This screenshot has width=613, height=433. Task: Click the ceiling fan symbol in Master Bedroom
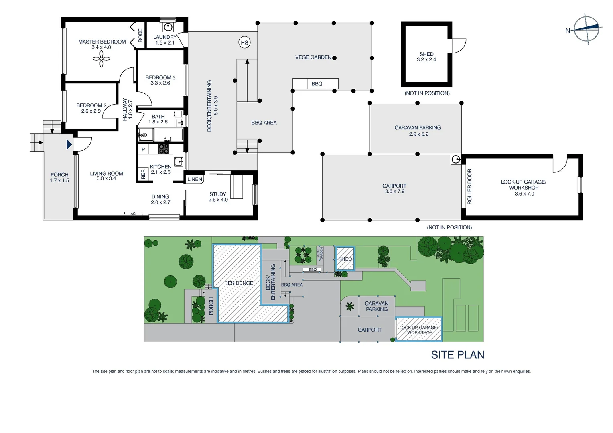(101, 59)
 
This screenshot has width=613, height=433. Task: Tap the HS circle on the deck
(244, 42)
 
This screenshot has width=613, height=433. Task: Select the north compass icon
(586, 28)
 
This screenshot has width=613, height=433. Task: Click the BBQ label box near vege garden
(317, 84)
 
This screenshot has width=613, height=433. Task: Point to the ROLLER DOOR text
(469, 186)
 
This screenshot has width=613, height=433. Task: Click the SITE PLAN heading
(457, 355)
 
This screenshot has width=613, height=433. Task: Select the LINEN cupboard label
(195, 179)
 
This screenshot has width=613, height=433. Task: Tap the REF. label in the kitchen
(143, 174)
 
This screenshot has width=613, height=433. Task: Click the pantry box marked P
(143, 150)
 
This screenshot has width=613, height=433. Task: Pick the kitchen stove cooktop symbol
(164, 149)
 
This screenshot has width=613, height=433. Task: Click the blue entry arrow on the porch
(69, 144)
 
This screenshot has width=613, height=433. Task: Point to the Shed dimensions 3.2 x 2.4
(426, 60)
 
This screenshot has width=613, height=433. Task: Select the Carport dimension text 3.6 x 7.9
(394, 192)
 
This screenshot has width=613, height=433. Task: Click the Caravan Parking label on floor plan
(418, 128)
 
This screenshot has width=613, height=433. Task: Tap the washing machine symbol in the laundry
(168, 27)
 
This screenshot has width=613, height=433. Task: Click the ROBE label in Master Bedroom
(140, 35)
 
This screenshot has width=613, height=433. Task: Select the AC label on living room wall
(133, 214)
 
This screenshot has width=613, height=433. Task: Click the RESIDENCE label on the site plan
(238, 283)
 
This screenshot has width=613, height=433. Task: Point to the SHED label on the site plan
(345, 259)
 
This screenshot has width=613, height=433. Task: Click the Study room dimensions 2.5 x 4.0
(218, 200)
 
